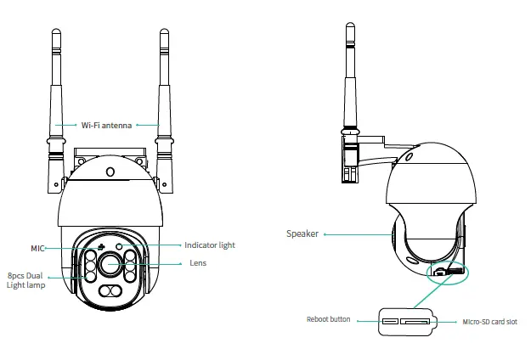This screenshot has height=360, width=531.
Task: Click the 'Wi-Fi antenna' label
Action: pos(106,124)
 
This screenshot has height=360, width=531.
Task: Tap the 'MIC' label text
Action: pos(38,247)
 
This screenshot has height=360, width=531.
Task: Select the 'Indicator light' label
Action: pos(209,245)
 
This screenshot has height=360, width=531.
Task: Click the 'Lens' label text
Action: pos(197,263)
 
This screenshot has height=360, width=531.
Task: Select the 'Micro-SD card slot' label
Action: pos(489,322)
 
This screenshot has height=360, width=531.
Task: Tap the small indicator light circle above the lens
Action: pos(120,246)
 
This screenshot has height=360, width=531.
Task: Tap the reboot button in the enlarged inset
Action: pos(389,321)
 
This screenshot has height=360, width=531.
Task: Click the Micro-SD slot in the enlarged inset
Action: pos(415,321)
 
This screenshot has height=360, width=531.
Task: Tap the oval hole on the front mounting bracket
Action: pos(110,171)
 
